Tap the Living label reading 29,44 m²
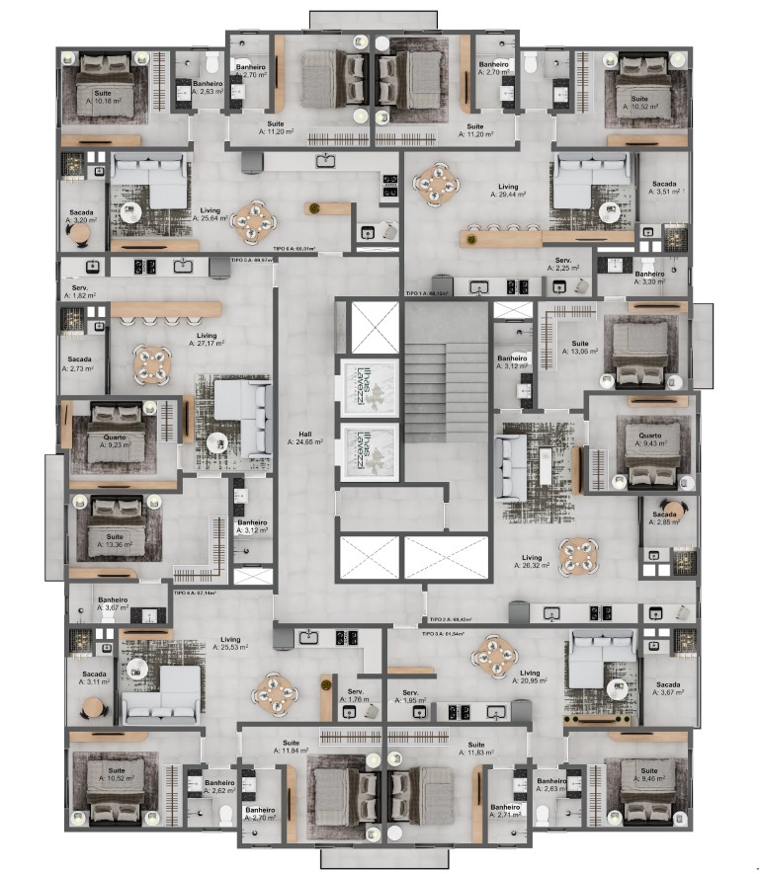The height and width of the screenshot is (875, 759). pyautogui.click(x=508, y=191)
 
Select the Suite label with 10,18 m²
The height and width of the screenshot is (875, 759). pyautogui.click(x=102, y=97)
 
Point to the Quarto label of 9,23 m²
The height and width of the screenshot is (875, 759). pyautogui.click(x=113, y=440)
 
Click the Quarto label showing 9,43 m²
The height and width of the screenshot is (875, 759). pyautogui.click(x=649, y=439)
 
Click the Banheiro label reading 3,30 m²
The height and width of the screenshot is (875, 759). pyautogui.click(x=649, y=278)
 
